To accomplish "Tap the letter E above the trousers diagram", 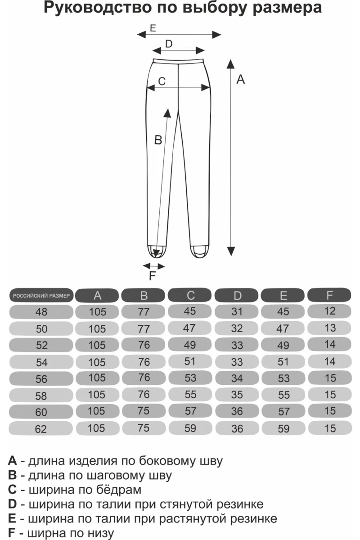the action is click(153, 28).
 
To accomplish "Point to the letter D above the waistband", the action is click(169, 44).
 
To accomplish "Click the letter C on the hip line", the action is click(162, 81).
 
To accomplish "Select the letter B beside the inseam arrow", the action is click(158, 140).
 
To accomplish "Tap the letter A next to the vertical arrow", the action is click(240, 79).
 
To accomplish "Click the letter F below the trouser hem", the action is click(153, 276).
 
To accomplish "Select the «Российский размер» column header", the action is click(41, 296).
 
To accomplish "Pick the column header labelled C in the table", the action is click(190, 295).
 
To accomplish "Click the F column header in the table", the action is click(329, 295).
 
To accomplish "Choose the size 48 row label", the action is click(41, 312).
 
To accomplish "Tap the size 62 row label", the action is click(40, 429).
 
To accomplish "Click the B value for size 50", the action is click(144, 329).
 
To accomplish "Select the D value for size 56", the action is click(237, 378).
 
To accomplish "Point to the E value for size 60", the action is click(284, 411).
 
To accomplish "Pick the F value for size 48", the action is click(329, 311).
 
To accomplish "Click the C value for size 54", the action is click(190, 361).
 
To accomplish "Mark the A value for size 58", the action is click(97, 395).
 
